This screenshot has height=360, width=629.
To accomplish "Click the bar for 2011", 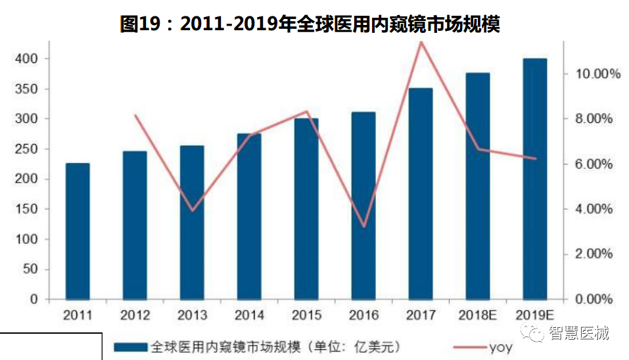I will point(78,231).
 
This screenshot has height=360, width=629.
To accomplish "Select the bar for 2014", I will point(249,217).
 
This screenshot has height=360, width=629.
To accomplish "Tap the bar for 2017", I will point(421,194).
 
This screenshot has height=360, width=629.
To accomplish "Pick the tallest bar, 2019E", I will point(535,179).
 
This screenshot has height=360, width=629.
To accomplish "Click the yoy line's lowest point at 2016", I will point(363,227).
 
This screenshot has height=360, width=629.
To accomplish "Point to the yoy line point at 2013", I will point(192,211).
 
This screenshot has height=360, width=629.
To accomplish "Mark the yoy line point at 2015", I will point(306,111).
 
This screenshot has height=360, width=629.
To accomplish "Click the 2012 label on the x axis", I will point(135,315).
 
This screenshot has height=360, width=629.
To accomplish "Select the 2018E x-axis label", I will point(478,315).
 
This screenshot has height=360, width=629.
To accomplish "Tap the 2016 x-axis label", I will point(363,315).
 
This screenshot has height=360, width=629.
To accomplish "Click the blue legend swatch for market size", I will point(131,346).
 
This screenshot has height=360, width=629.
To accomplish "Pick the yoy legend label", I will point(500,346).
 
